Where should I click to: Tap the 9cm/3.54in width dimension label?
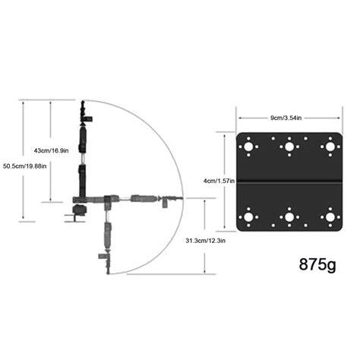pos(287,118)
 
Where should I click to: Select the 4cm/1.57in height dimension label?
pos(219,181)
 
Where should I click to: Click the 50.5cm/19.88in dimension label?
pos(25,166)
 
